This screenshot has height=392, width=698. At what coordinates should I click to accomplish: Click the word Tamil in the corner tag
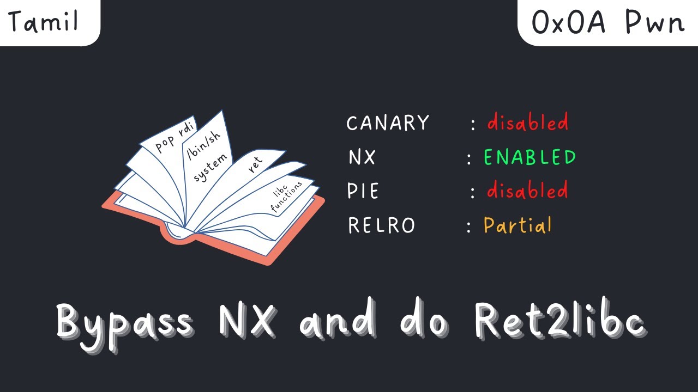coord(44,22)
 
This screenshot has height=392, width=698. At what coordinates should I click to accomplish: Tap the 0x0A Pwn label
coord(607,23)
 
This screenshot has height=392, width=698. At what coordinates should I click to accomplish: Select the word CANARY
coord(388,123)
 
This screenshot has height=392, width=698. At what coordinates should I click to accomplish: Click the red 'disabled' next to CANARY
coord(527,122)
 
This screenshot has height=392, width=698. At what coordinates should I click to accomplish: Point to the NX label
coord(362,157)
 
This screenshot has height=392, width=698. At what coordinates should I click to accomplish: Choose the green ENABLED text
coord(529,157)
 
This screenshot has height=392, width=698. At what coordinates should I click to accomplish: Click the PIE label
coord(363,192)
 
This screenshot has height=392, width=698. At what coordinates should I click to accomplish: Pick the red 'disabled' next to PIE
coord(527,191)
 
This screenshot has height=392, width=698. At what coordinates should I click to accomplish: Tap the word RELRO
coord(381,225)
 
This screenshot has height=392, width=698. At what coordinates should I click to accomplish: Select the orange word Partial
coord(518,225)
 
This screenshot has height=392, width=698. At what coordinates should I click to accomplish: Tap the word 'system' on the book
coord(210,168)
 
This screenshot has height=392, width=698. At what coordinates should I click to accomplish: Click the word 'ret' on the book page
coord(255,163)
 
